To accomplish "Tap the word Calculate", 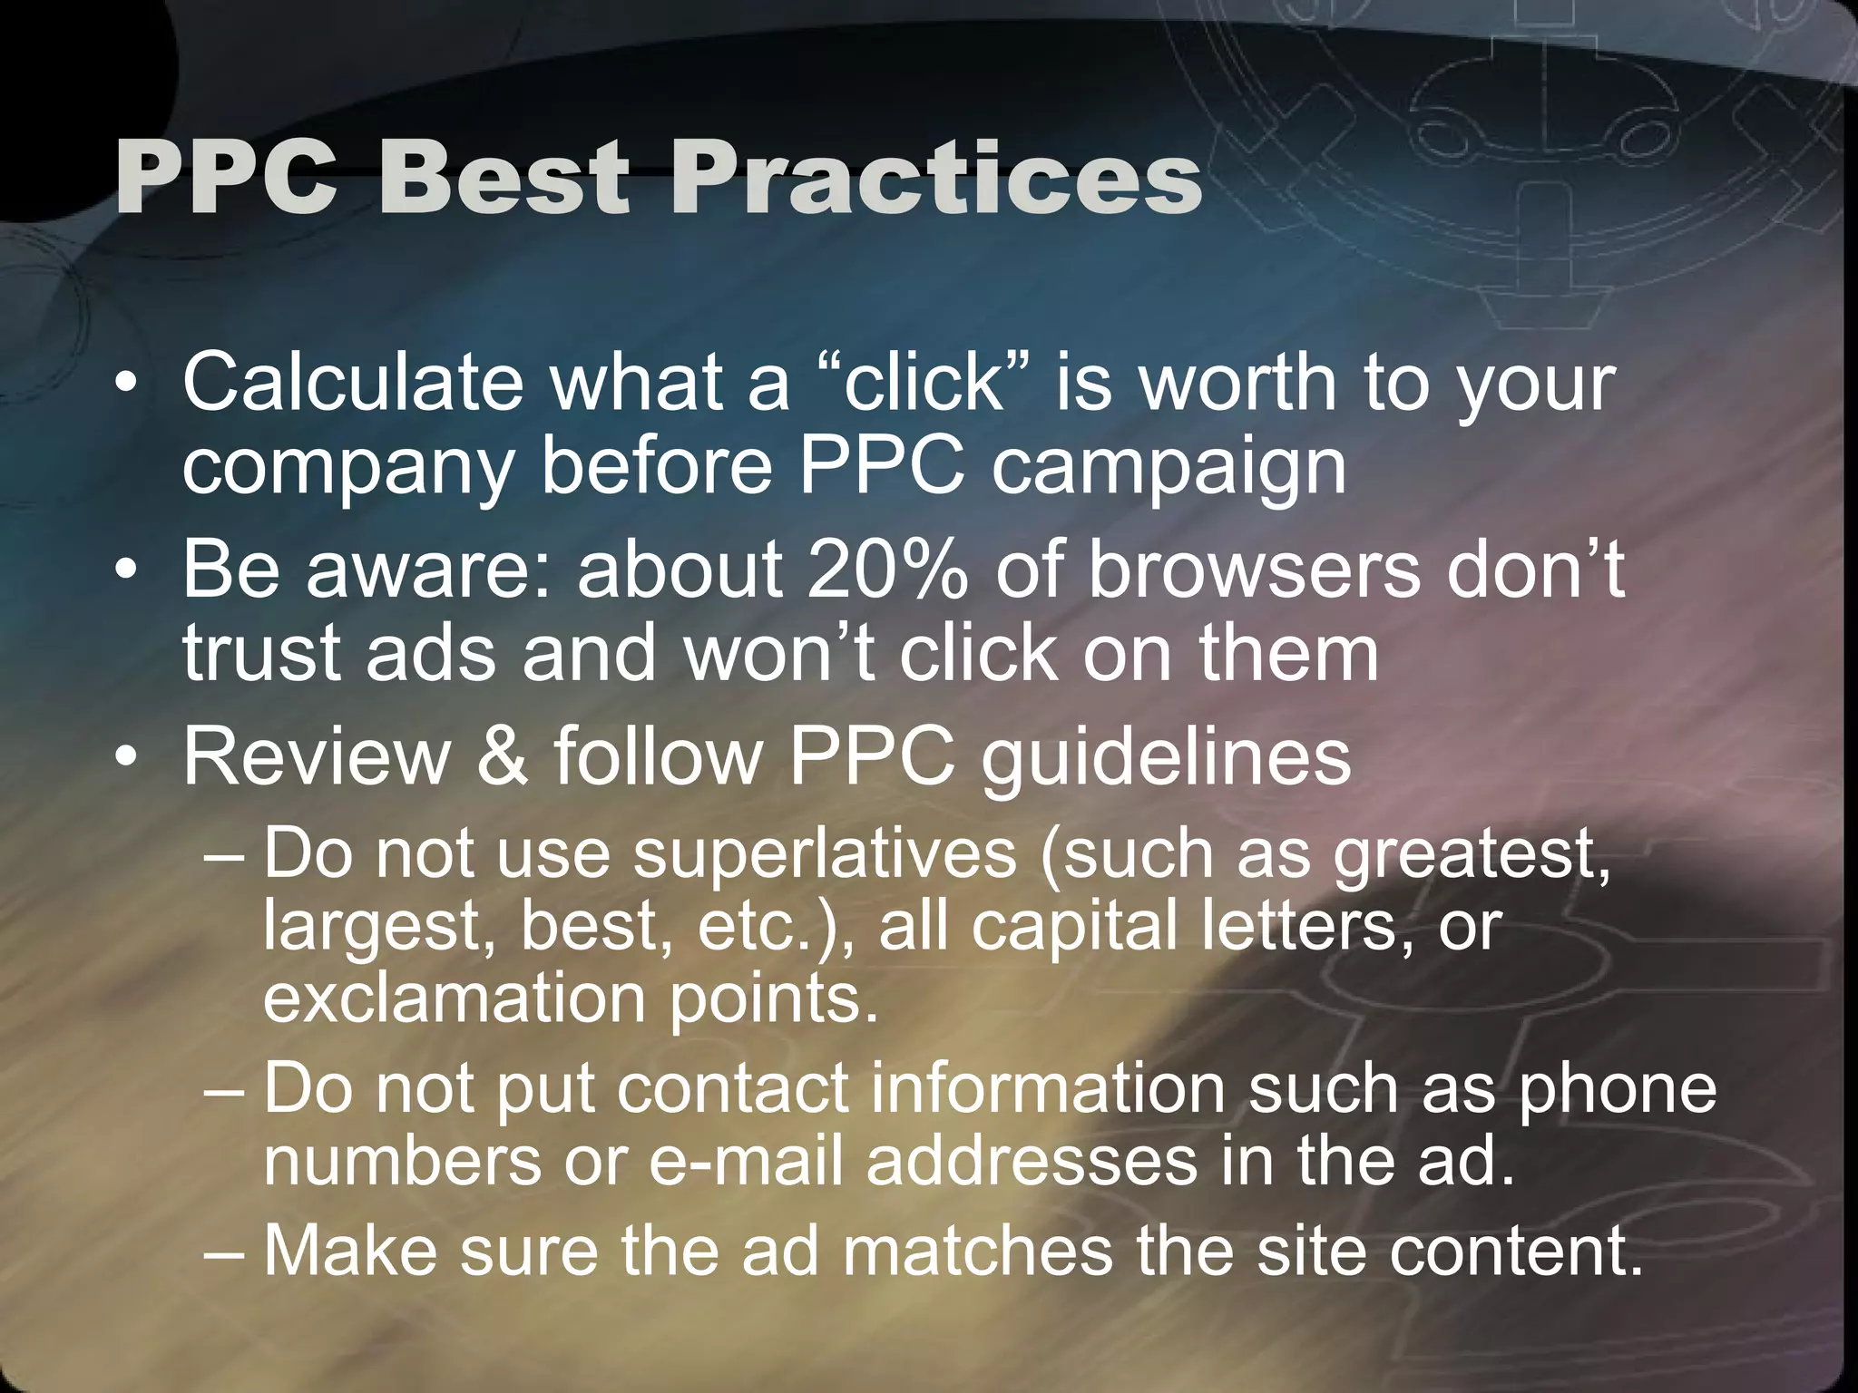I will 353,382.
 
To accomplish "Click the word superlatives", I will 826,854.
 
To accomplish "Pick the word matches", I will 976,1251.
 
